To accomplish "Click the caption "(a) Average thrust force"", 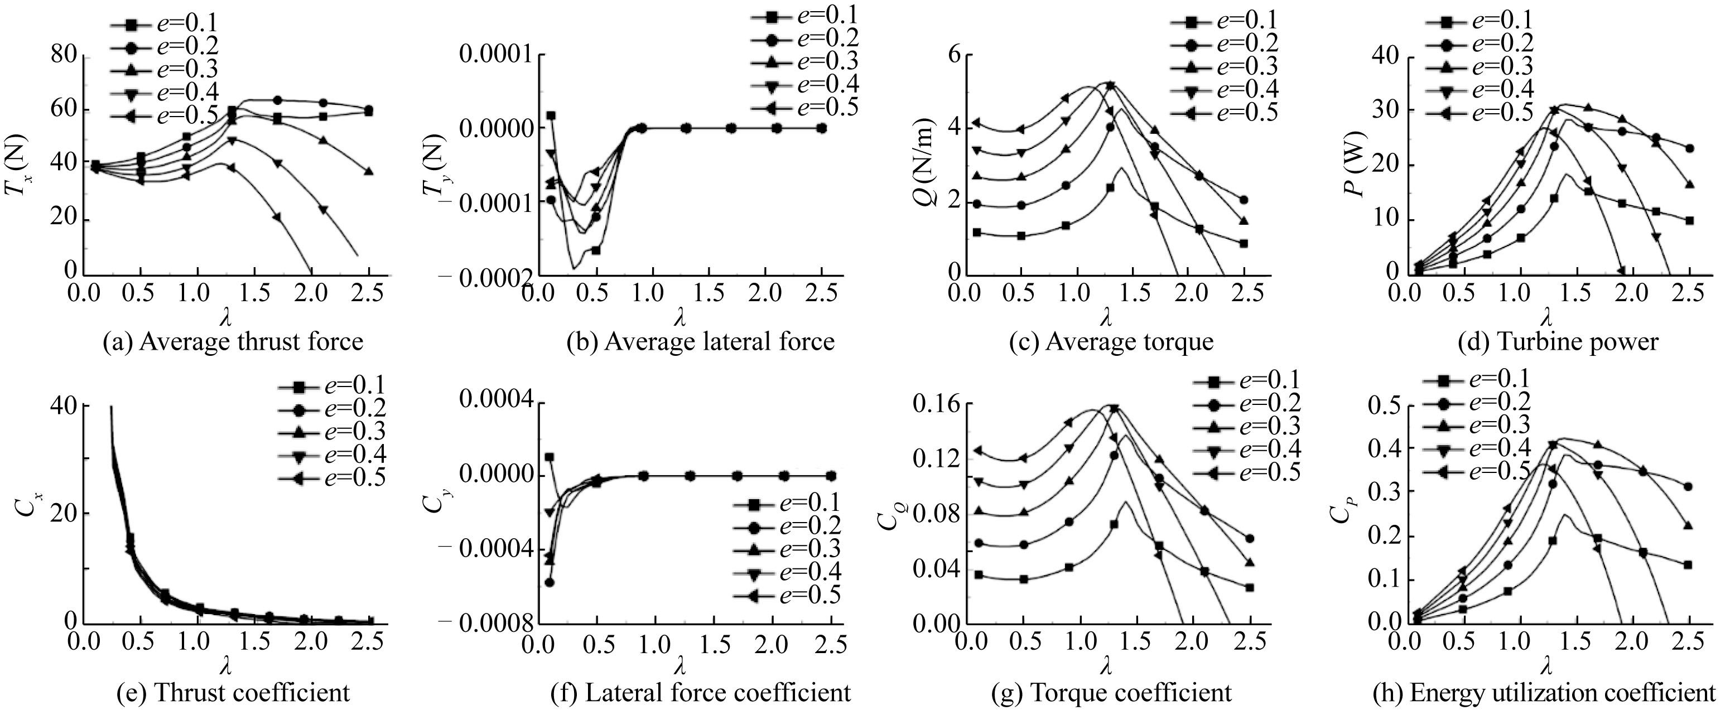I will pyautogui.click(x=233, y=342).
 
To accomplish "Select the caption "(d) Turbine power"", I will pyautogui.click(x=1558, y=342).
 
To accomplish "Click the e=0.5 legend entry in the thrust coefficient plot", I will pyautogui.click(x=332, y=477).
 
